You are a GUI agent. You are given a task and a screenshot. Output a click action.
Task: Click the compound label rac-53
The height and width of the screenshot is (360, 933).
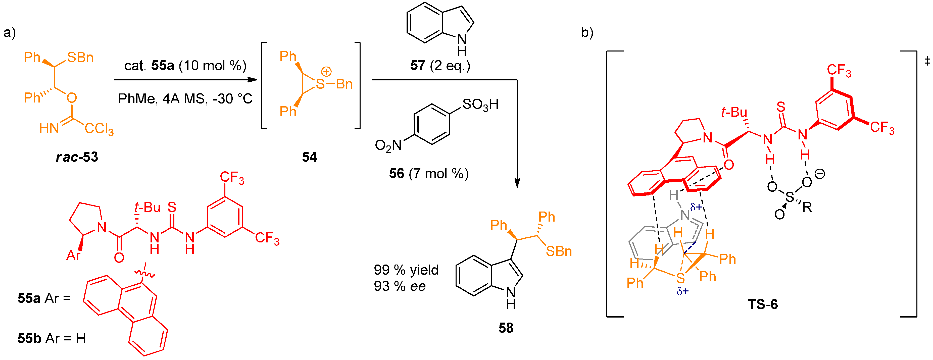[x=77, y=157]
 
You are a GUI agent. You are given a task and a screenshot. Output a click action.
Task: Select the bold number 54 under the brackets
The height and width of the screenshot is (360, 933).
[x=309, y=157]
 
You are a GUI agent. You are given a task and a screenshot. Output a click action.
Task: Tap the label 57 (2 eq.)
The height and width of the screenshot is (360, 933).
[x=440, y=66]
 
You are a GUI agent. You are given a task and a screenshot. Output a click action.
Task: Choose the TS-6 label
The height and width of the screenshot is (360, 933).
[x=763, y=304]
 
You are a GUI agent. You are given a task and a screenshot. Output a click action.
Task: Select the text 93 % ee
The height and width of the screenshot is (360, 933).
[x=400, y=286]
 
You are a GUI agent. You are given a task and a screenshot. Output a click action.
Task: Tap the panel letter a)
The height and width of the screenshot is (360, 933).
[x=10, y=33]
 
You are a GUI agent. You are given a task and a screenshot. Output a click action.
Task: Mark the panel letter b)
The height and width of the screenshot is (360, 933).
[x=587, y=33]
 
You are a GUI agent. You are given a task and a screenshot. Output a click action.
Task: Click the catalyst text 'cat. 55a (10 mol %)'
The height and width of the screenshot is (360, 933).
[x=185, y=66]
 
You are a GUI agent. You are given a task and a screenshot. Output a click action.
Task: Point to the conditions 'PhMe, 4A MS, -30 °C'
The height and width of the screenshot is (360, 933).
[x=185, y=98]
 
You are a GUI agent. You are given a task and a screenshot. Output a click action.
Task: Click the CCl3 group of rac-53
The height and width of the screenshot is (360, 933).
[x=99, y=129]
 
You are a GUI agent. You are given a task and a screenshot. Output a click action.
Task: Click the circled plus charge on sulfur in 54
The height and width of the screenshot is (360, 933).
[x=326, y=72]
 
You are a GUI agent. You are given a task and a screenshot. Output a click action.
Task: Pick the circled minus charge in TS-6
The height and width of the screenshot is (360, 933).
[x=820, y=174]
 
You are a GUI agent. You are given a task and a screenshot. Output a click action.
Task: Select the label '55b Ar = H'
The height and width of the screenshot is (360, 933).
[x=52, y=338]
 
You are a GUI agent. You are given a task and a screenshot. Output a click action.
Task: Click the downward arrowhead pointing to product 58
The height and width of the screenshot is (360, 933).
[x=517, y=183]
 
